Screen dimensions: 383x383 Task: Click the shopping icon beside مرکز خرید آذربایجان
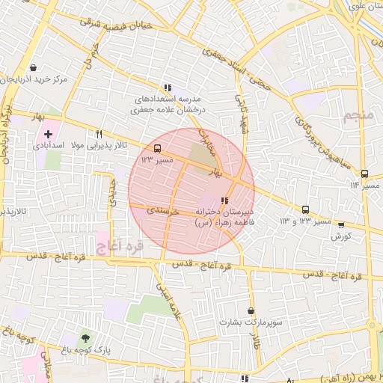click(34, 67)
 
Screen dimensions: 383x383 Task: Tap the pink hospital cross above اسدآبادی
click(49, 133)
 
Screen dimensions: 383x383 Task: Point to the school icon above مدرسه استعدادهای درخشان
click(167, 88)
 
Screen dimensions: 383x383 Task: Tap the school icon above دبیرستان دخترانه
click(224, 200)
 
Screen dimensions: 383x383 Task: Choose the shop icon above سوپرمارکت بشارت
click(250, 310)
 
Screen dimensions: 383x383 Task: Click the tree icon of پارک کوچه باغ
click(84, 338)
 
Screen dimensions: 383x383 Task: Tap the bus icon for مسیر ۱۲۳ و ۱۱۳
click(305, 209)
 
